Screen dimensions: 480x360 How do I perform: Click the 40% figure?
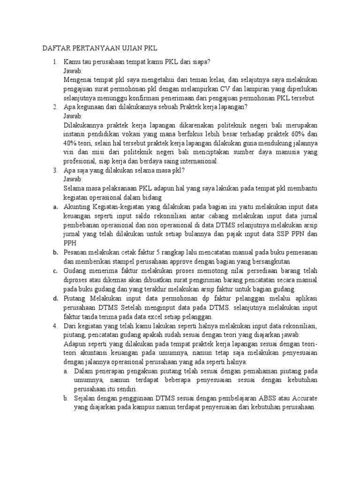tap(71, 143)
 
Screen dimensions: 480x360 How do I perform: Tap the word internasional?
tap(195, 161)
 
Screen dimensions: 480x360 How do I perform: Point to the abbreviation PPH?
tap(70, 242)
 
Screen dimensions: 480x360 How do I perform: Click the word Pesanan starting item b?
tap(77, 252)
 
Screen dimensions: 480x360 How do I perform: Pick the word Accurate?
tap(304, 398)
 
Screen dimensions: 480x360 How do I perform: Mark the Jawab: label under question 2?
tap(73, 116)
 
